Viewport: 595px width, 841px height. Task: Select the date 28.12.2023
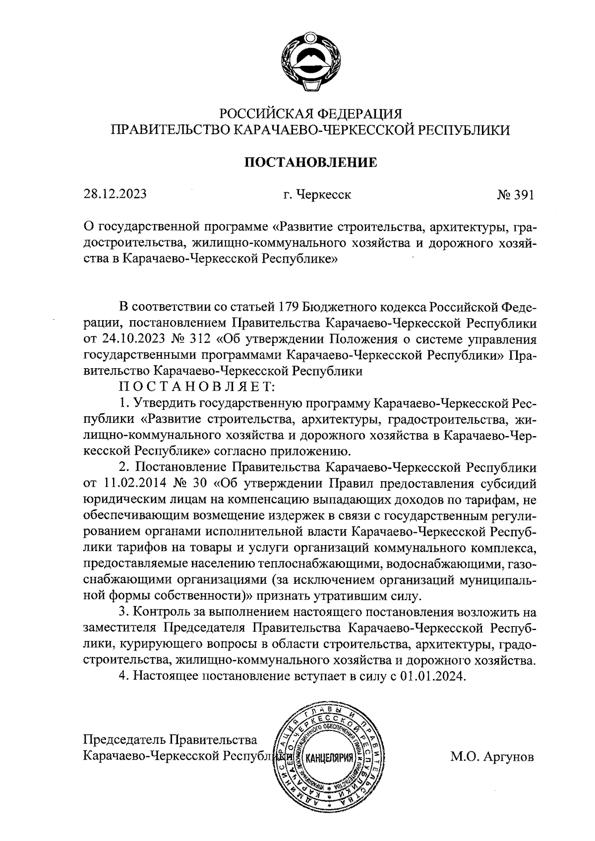(x=115, y=194)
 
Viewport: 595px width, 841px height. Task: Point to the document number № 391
(x=515, y=195)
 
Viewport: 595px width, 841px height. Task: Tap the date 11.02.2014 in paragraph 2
(x=136, y=484)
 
